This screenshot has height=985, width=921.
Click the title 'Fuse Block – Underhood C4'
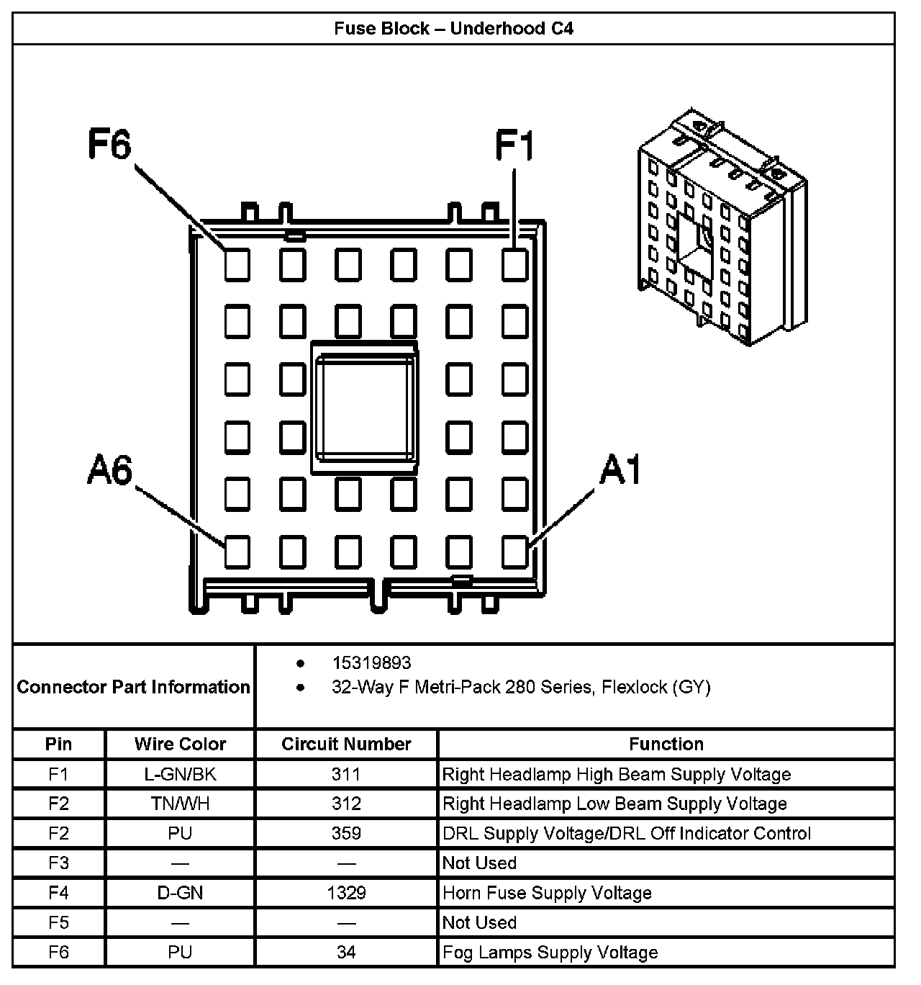[x=453, y=29]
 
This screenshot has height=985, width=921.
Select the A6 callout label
[x=110, y=471]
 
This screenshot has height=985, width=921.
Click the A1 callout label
[x=620, y=471]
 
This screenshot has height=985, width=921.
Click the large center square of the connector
[x=363, y=408]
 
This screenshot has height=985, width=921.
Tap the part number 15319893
[x=371, y=662]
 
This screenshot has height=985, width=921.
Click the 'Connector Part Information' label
[x=133, y=687]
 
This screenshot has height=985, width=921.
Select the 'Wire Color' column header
[x=180, y=744]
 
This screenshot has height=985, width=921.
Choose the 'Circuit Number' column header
[x=346, y=744]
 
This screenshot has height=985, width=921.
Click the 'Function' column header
[x=666, y=744]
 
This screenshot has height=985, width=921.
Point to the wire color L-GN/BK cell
[x=180, y=774]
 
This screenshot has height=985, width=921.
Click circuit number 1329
[x=346, y=893]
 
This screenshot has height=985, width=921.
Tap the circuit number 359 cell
[x=346, y=833]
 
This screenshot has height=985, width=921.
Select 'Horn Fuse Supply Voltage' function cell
[x=547, y=893]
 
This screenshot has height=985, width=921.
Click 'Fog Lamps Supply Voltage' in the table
[x=550, y=953]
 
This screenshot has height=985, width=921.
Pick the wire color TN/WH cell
[x=180, y=804]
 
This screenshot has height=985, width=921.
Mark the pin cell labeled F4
[x=58, y=893]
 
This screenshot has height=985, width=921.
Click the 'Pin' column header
[x=58, y=744]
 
